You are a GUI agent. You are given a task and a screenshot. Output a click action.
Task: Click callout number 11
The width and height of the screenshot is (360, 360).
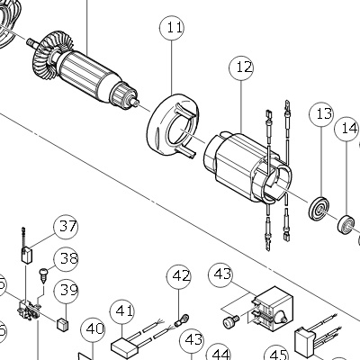[x=172, y=28]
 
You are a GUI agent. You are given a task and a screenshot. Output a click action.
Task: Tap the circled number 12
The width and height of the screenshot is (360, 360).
[x=241, y=67]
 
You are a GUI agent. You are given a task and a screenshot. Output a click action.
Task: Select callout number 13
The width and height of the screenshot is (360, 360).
[x=321, y=114]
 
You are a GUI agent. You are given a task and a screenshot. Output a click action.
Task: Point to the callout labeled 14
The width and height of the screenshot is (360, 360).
[x=347, y=130]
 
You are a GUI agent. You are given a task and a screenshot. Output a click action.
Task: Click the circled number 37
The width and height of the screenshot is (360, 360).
[x=66, y=227]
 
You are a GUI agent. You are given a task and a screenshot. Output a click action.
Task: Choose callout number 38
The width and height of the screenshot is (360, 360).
[x=66, y=259]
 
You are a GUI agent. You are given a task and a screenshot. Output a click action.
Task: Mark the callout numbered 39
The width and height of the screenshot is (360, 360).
[x=66, y=292]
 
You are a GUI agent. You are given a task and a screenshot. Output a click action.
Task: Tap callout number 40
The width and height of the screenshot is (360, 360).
[x=93, y=330]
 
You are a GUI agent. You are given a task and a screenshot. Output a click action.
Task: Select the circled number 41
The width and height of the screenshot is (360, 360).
[x=122, y=312]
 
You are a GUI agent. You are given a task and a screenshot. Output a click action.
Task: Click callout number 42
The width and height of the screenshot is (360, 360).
[x=179, y=276]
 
